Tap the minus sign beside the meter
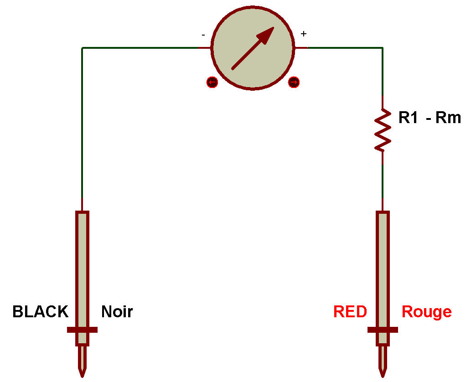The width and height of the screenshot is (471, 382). pyautogui.click(x=202, y=34)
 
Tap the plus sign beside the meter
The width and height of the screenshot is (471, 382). pyautogui.click(x=304, y=34)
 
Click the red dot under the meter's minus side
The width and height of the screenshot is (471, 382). pyautogui.click(x=212, y=82)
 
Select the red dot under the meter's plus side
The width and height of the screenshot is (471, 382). pyautogui.click(x=294, y=82)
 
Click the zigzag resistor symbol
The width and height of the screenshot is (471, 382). pyautogui.click(x=383, y=129)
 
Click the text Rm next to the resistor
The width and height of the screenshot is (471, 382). pyautogui.click(x=448, y=118)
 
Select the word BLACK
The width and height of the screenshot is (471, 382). pyautogui.click(x=40, y=312)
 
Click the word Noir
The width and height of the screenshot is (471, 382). pyautogui.click(x=117, y=312)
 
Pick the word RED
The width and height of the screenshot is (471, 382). pyautogui.click(x=350, y=312)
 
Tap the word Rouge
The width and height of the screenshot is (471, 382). pyautogui.click(x=426, y=312)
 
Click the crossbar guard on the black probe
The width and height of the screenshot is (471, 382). pyautogui.click(x=82, y=330)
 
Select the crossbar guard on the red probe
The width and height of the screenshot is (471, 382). pyautogui.click(x=383, y=330)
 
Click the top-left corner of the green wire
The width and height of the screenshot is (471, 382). pyautogui.click(x=82, y=48)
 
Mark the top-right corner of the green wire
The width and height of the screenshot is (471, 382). pyautogui.click(x=383, y=48)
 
